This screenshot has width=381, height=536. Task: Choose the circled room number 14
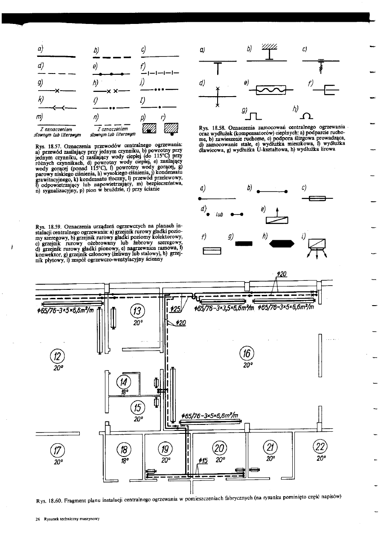tap(124, 382)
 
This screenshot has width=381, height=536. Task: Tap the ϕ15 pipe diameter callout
tap(203, 460)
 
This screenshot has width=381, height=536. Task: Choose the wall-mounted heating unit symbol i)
tap(316, 245)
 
